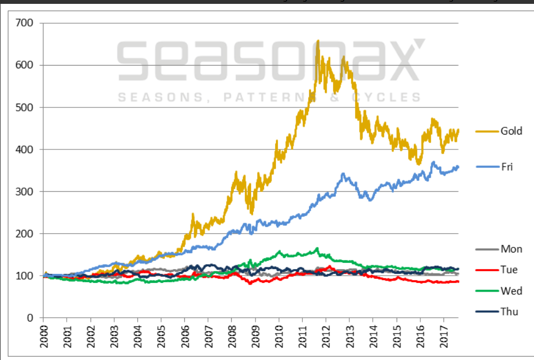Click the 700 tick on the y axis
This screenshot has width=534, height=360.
point(25,23)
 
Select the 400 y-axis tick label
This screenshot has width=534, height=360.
point(25,149)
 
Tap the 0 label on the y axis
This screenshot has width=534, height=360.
point(30,318)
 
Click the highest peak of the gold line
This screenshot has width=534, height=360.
point(318,40)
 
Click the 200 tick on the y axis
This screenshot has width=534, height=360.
point(25,234)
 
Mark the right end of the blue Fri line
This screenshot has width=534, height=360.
point(458,166)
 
